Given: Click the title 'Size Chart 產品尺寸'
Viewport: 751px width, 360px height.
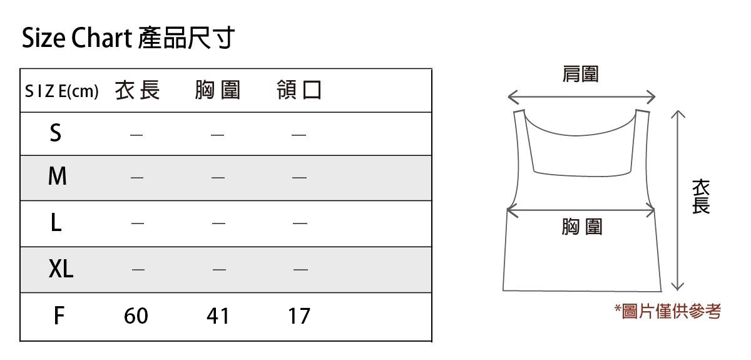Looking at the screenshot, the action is tap(128, 38).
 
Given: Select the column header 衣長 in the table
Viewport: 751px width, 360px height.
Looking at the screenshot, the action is tap(138, 91).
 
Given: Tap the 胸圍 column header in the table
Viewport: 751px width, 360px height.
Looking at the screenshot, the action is tap(218, 91).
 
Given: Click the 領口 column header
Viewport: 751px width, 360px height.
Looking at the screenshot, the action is tap(299, 91).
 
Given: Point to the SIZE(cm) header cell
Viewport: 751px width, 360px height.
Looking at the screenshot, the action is tap(61, 91).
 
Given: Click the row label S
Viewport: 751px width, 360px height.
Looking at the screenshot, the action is tap(56, 133).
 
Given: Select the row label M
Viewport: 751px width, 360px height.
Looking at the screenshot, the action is tap(57, 177).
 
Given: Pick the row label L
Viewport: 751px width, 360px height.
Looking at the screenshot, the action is tap(56, 223).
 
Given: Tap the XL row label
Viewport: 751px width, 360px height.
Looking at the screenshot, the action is tap(61, 269).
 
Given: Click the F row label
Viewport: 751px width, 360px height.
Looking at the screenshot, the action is tap(58, 316).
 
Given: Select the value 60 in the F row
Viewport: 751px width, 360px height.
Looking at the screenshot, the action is tap(136, 316).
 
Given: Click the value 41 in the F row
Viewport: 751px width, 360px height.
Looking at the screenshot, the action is tap(218, 316).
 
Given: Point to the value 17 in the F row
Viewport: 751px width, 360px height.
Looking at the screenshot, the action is tap(299, 316).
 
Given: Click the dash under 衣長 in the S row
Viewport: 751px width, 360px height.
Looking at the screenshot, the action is tap(136, 134).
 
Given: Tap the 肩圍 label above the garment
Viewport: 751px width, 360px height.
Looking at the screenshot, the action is tap(581, 75).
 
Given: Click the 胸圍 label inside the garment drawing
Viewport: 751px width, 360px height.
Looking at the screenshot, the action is tap(581, 227).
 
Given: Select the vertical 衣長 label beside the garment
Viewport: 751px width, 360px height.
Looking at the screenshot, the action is tap(701, 197).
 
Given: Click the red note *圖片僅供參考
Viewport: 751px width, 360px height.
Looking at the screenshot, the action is tap(667, 311).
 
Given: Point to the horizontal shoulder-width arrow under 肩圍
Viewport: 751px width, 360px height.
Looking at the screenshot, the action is tap(581, 97).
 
